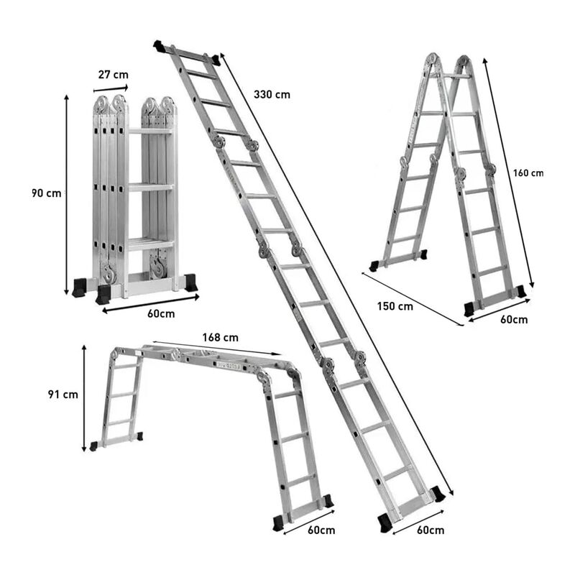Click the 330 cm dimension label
coord(272,95)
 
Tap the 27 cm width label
coord(114,75)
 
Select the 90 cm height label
coord(46,193)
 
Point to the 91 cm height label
coord(63,395)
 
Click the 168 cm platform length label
coord(221,337)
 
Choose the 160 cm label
coord(528,173)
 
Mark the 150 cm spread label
coord(395,306)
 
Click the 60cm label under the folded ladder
coord(161,314)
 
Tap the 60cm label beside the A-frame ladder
coord(514,319)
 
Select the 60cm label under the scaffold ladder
coord(321,530)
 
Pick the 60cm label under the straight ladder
coord(431,530)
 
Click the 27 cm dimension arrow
coord(111,88)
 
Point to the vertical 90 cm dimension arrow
coord(66,194)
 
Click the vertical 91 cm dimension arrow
coord(84,398)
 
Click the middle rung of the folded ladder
coord(150,188)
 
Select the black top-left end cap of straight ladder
coord(160,46)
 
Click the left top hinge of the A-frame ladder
coord(433,60)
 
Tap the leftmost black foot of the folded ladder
coord(80,287)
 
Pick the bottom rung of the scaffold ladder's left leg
coord(119,423)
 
